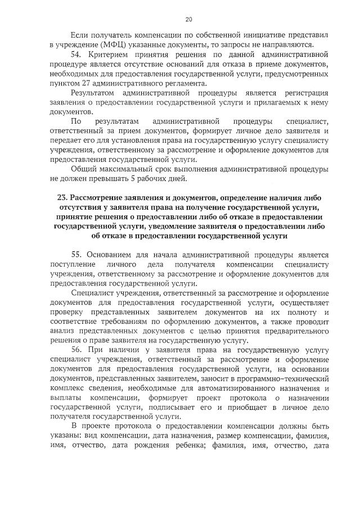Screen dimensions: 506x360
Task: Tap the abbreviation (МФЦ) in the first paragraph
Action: tap(100, 45)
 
